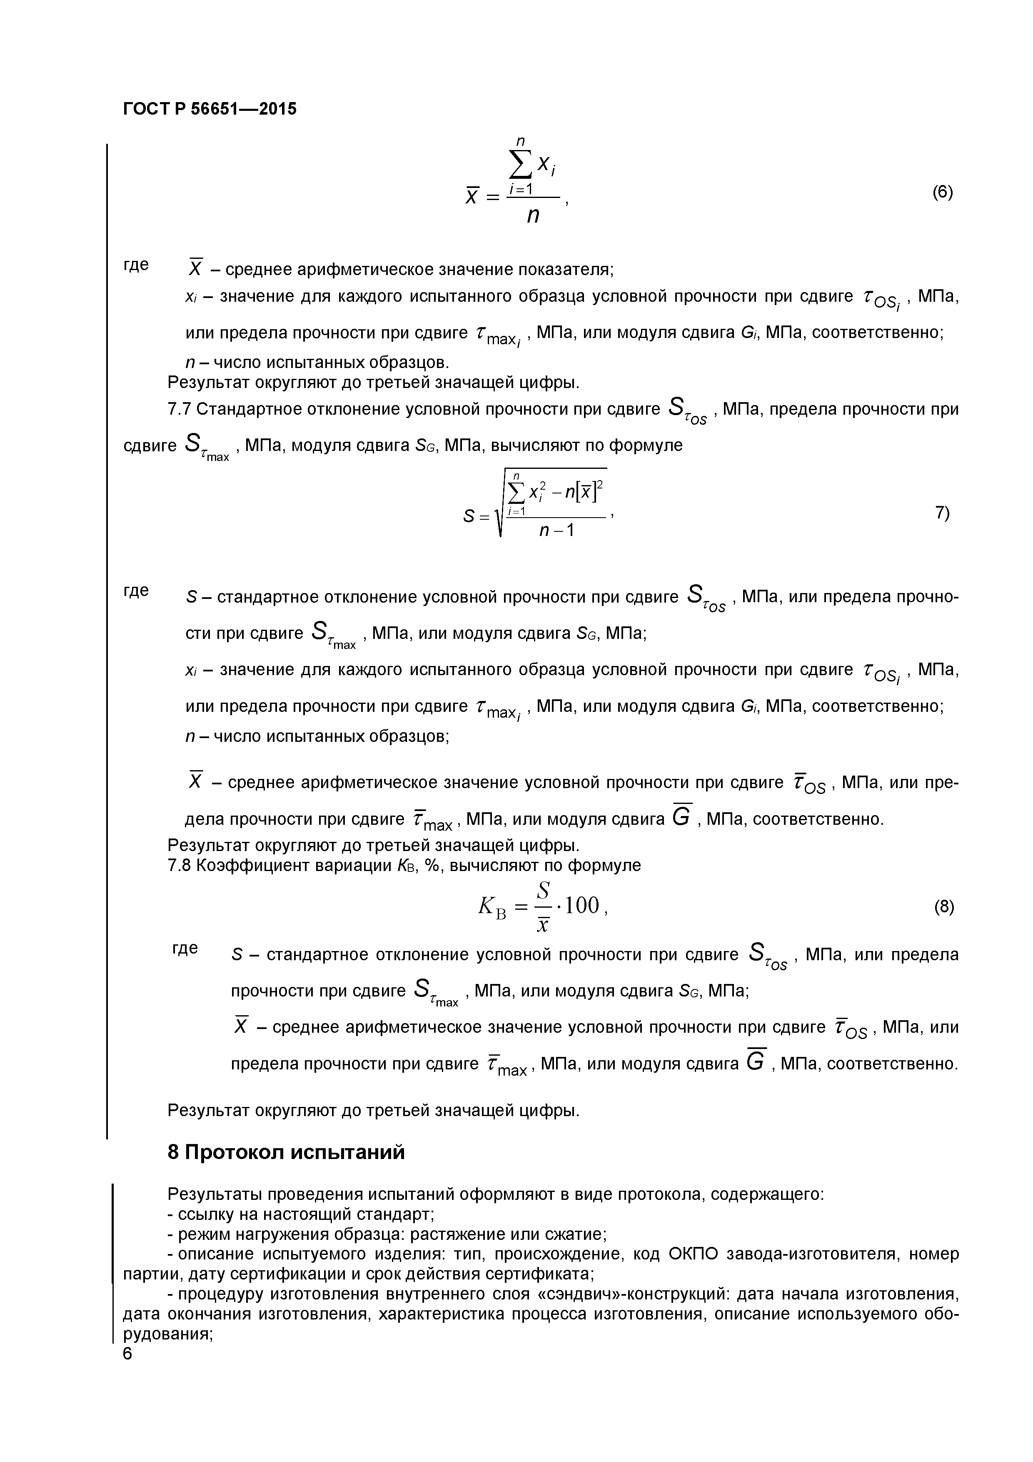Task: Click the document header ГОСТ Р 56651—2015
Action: tap(210, 109)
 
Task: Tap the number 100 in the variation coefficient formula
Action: tap(582, 906)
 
